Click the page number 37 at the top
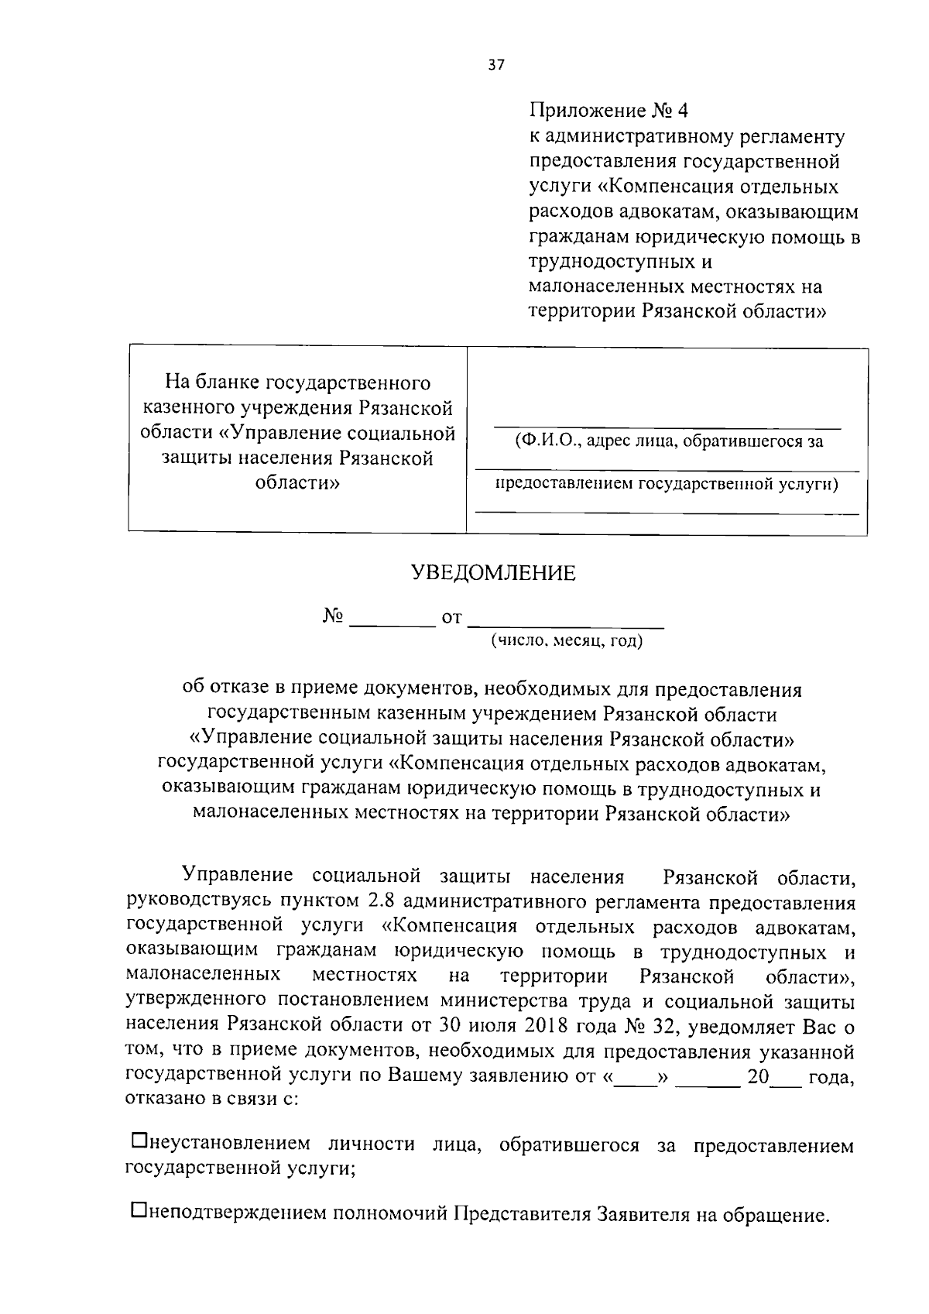pos(496,66)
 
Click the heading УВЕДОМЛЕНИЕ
pos(492,573)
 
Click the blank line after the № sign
pos(392,622)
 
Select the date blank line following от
pos(567,622)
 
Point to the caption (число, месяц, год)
pos(566,641)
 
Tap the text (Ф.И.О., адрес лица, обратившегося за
pos(669,441)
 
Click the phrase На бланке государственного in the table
pos(298,383)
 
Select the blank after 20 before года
pos(786,1077)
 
